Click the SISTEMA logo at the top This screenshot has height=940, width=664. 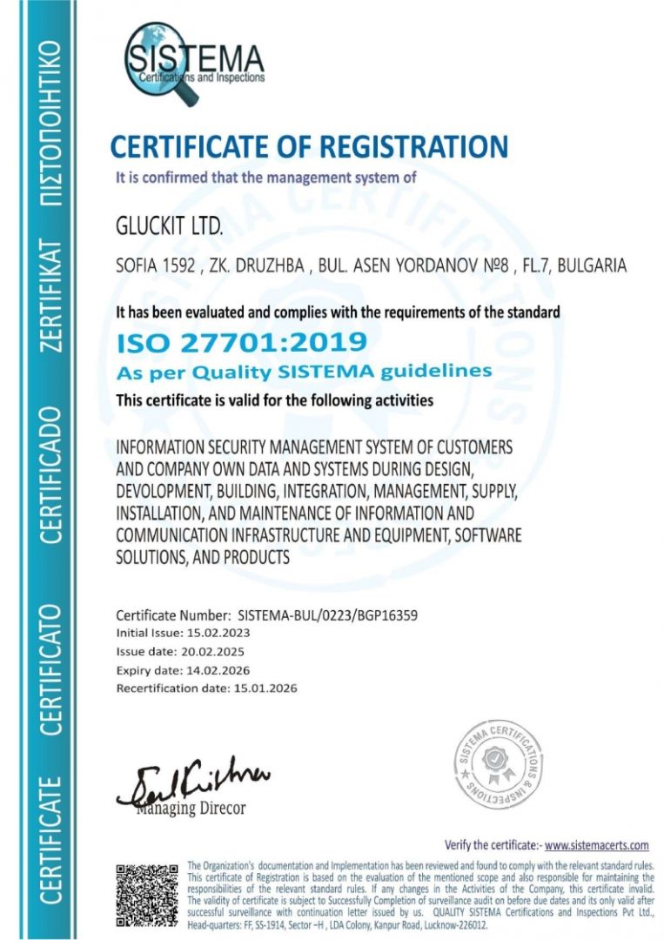(193, 62)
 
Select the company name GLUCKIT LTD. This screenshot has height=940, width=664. (170, 228)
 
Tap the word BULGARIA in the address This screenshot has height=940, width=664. (592, 265)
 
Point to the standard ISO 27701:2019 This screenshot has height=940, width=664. (241, 342)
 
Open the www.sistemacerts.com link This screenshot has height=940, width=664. (597, 845)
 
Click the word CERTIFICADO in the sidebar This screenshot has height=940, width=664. (50, 474)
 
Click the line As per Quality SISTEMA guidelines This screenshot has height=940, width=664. (305, 372)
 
